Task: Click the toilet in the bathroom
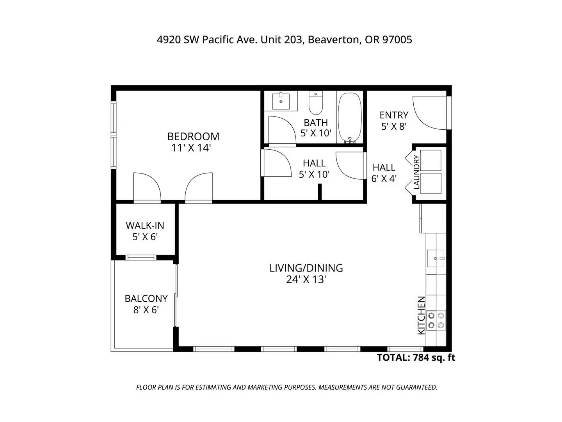pyautogui.click(x=315, y=103)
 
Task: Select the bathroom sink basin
pyautogui.click(x=281, y=102)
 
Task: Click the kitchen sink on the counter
pyautogui.click(x=436, y=258)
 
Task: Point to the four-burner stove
pyautogui.click(x=436, y=320)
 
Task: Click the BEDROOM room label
pyautogui.click(x=193, y=137)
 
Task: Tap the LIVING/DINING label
pyautogui.click(x=306, y=268)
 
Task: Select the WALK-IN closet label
pyautogui.click(x=145, y=225)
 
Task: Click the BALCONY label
pyautogui.click(x=146, y=299)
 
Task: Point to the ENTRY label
pyautogui.click(x=394, y=115)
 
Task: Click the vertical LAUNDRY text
pyautogui.click(x=416, y=172)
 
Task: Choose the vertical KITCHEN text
pyautogui.click(x=421, y=315)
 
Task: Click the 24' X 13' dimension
pyautogui.click(x=306, y=279)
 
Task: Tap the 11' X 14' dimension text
pyautogui.click(x=191, y=148)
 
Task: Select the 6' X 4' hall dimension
pyautogui.click(x=384, y=178)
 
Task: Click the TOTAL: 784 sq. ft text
pyautogui.click(x=416, y=358)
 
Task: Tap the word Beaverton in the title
pyautogui.click(x=334, y=40)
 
